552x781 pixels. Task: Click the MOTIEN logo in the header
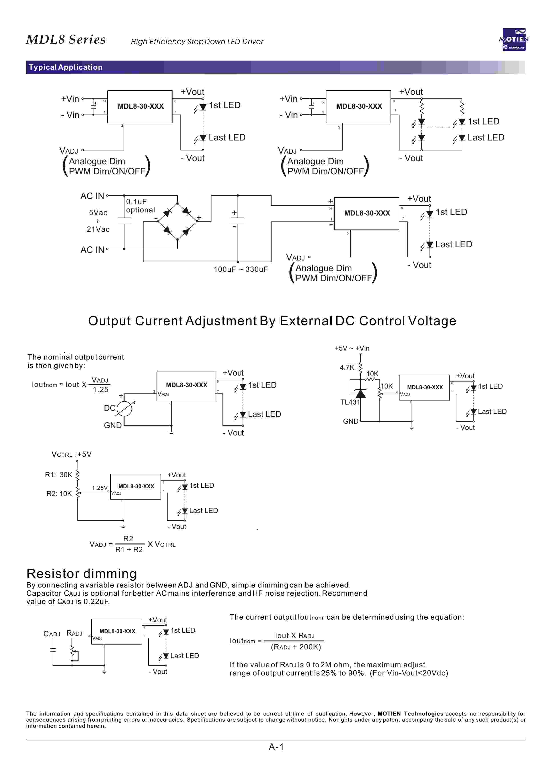click(514, 39)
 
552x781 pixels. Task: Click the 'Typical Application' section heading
click(66, 67)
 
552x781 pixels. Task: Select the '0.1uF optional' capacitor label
click(140, 205)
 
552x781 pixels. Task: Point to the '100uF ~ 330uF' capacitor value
click(241, 269)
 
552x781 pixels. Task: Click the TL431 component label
click(350, 402)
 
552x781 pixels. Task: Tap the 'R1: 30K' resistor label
click(58, 474)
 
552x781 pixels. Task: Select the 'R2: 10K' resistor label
click(59, 493)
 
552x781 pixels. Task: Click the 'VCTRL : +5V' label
click(71, 454)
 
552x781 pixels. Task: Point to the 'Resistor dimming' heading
click(82, 574)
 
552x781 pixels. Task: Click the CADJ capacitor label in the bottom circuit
click(52, 634)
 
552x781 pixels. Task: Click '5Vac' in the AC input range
click(98, 213)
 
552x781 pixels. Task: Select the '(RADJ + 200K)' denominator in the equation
click(296, 647)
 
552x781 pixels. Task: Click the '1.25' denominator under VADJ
click(101, 390)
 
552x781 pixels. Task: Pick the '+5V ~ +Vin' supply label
click(352, 348)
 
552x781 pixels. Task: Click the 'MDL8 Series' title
click(66, 39)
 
